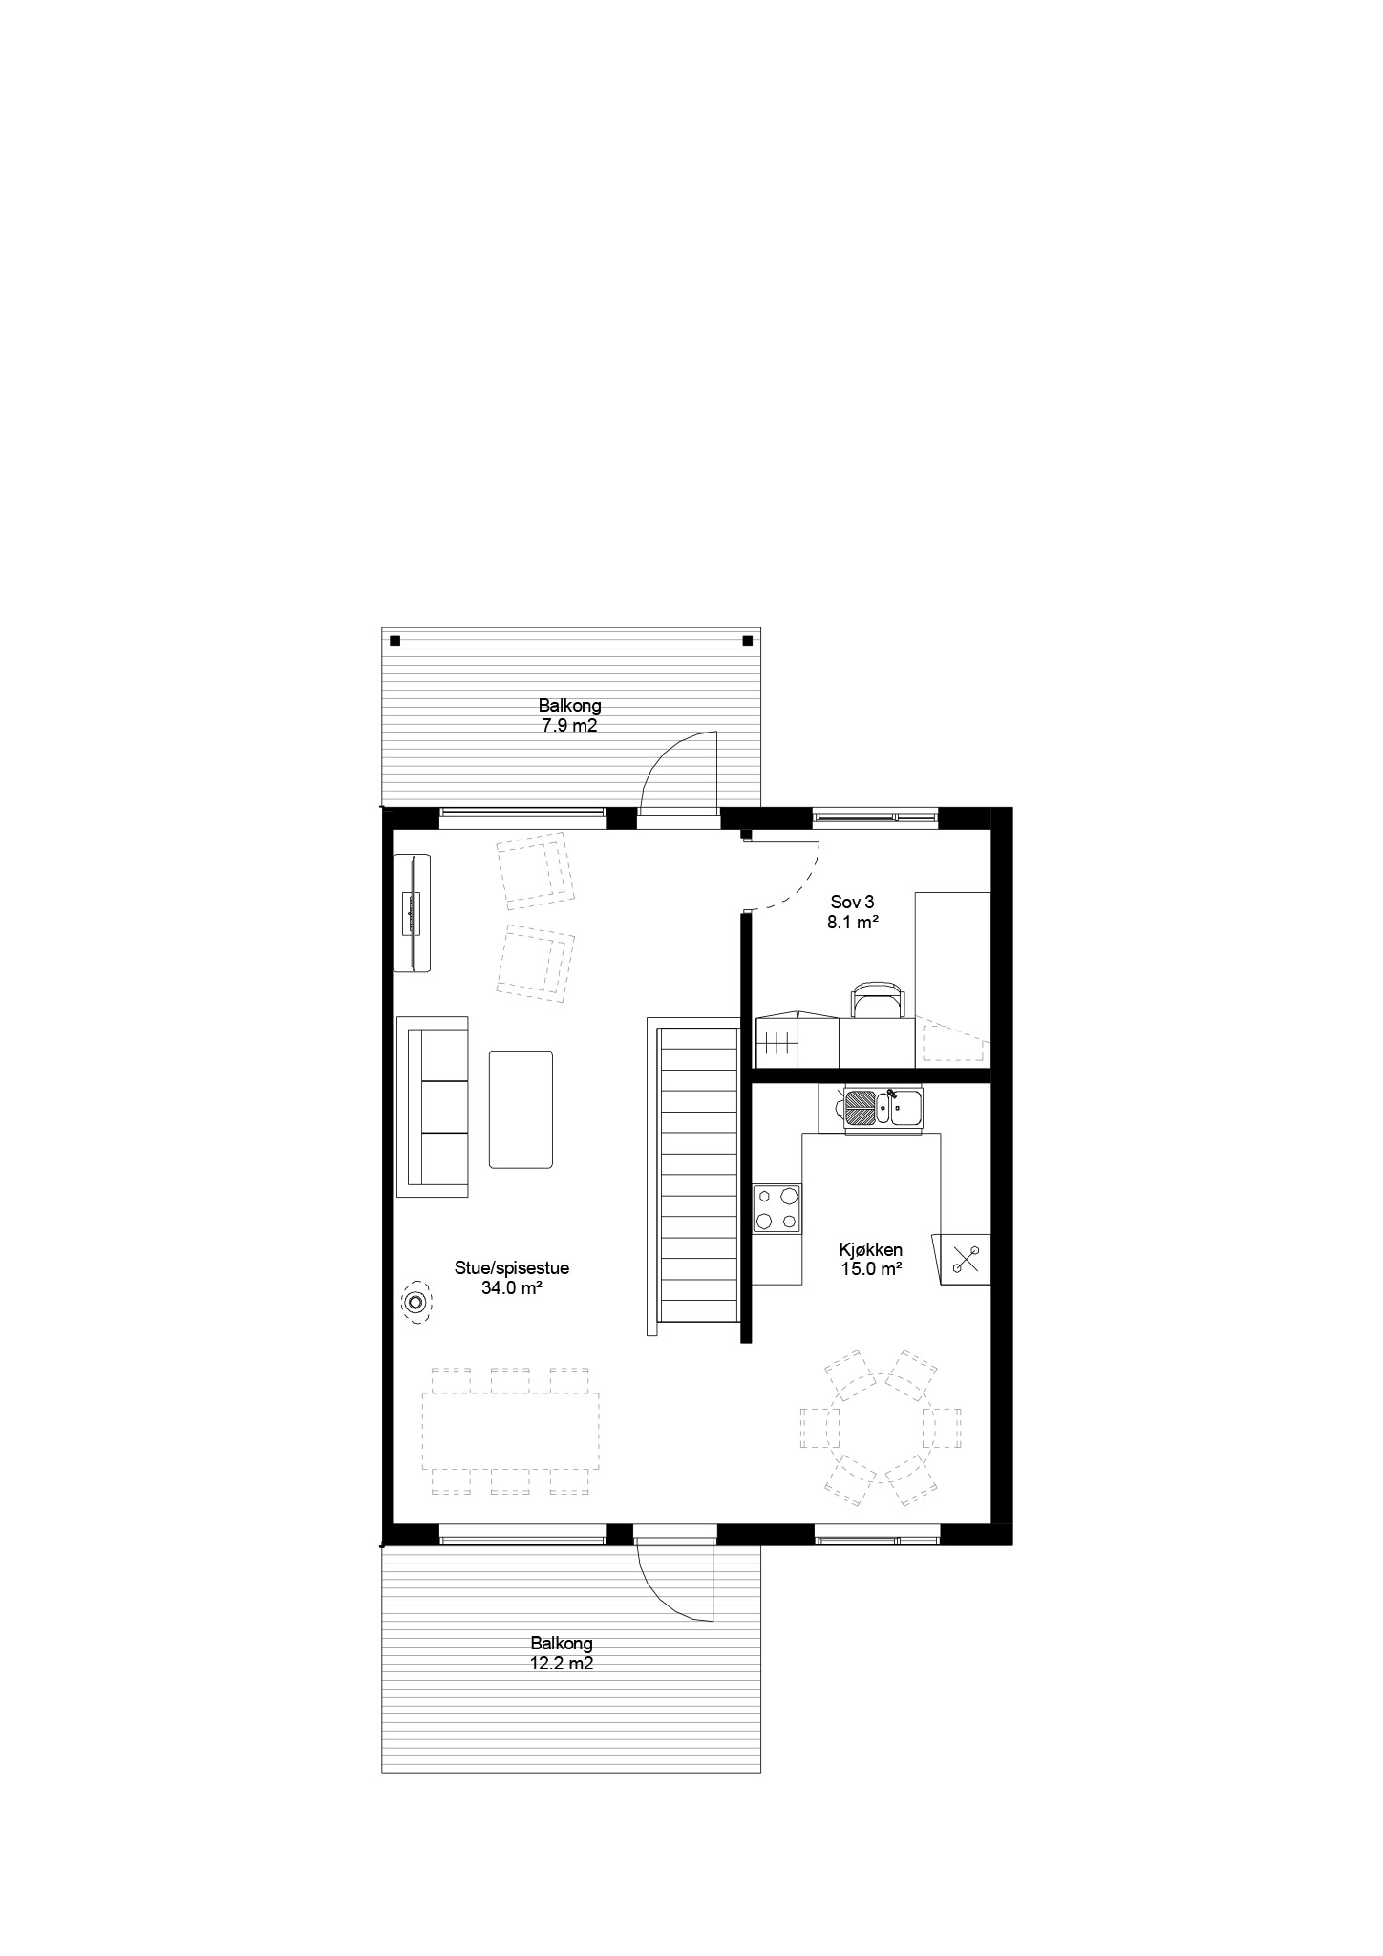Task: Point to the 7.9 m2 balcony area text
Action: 569,725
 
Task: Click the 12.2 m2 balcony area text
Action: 562,1663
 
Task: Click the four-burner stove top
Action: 777,1208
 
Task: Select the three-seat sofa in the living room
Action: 433,1107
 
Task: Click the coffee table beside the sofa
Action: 521,1109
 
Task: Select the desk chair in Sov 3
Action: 877,999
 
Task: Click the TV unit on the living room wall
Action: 413,913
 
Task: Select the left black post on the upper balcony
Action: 394,641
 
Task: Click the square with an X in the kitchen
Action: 967,1260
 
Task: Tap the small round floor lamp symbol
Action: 415,1303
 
